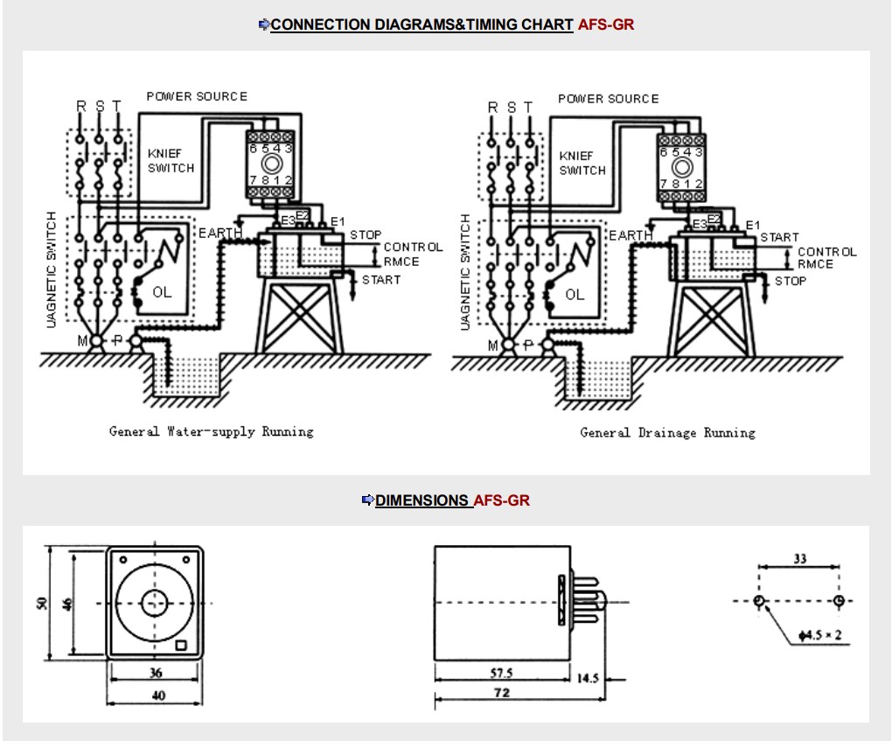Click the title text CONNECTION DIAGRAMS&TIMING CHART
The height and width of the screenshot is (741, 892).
pos(422,25)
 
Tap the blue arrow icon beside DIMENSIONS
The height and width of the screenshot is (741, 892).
pos(367,500)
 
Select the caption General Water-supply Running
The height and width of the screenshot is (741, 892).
pos(211,431)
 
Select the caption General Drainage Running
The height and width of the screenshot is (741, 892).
pos(668,432)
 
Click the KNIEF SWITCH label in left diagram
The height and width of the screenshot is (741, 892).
pos(171,161)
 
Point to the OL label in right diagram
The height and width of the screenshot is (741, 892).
pos(575,295)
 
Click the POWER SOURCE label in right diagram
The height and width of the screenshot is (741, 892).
pos(608,99)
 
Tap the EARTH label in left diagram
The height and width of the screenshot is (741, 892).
pos(220,233)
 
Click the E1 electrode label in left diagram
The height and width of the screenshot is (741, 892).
pos(338,221)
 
